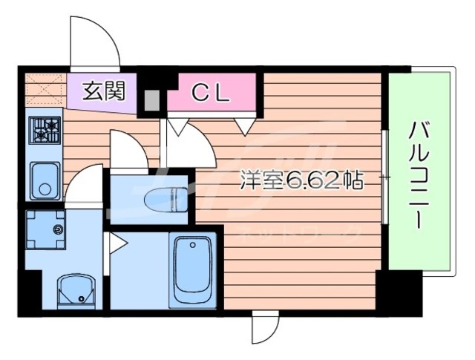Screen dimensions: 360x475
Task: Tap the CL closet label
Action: pos(213,92)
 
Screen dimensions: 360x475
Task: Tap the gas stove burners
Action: pos(45,131)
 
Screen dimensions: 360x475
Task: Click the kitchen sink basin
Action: pos(44,179)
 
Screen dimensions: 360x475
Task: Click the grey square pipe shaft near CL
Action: pos(152,99)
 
